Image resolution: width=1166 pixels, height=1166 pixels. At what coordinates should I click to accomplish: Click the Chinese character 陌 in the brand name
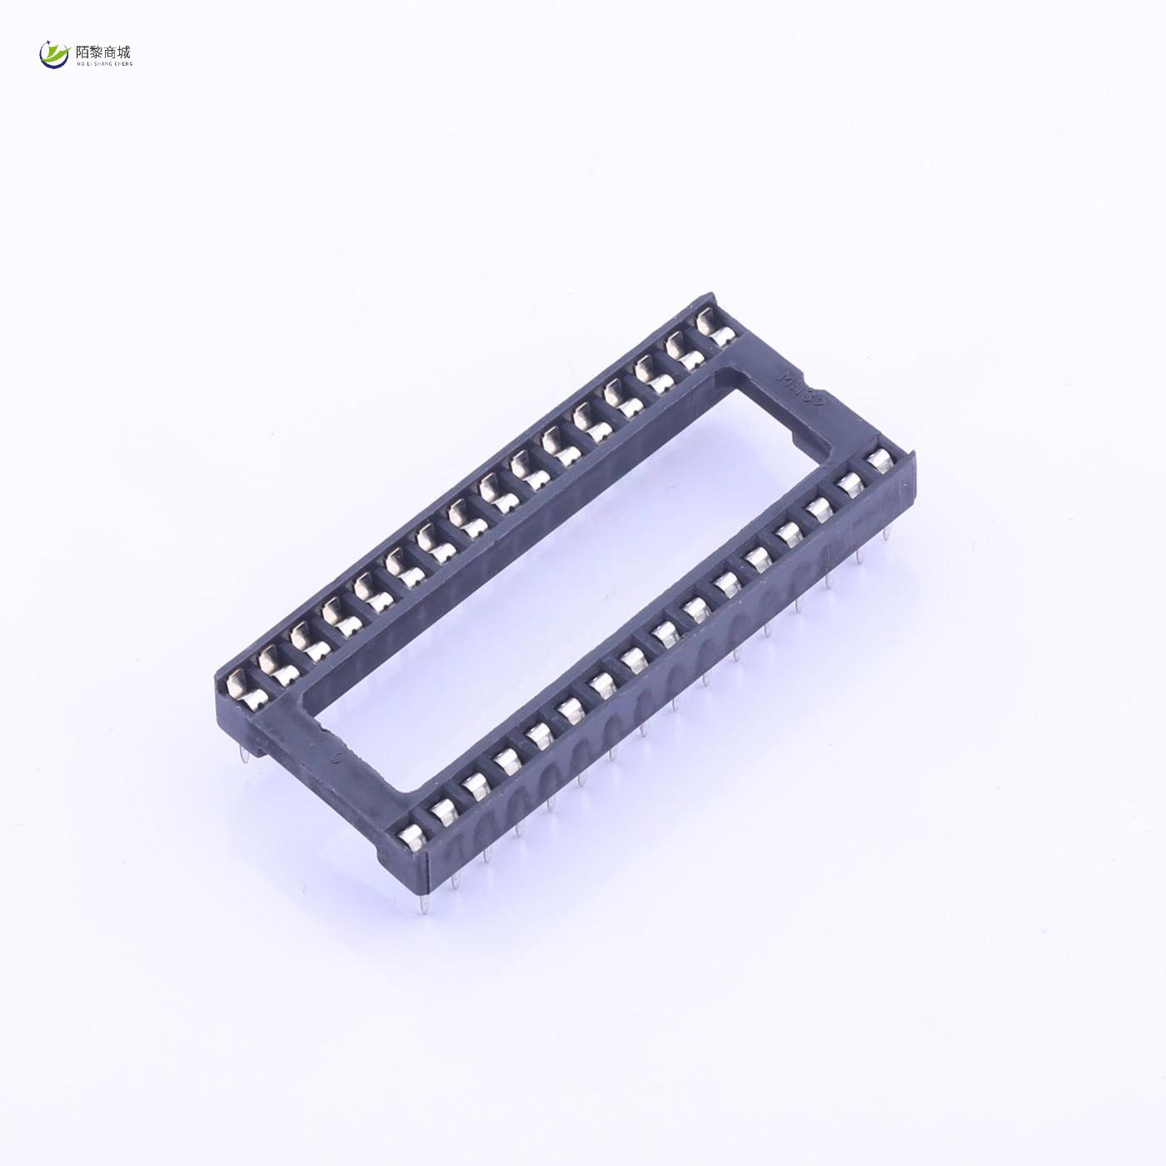[83, 51]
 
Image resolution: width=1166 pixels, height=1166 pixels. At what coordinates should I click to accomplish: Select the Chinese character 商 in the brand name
[112, 51]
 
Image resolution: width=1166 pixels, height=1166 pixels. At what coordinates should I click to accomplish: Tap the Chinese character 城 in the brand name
[126, 51]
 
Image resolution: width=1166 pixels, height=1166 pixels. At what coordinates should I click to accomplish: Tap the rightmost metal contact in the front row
[877, 460]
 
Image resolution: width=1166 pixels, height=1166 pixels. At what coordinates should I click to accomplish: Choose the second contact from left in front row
[443, 809]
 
